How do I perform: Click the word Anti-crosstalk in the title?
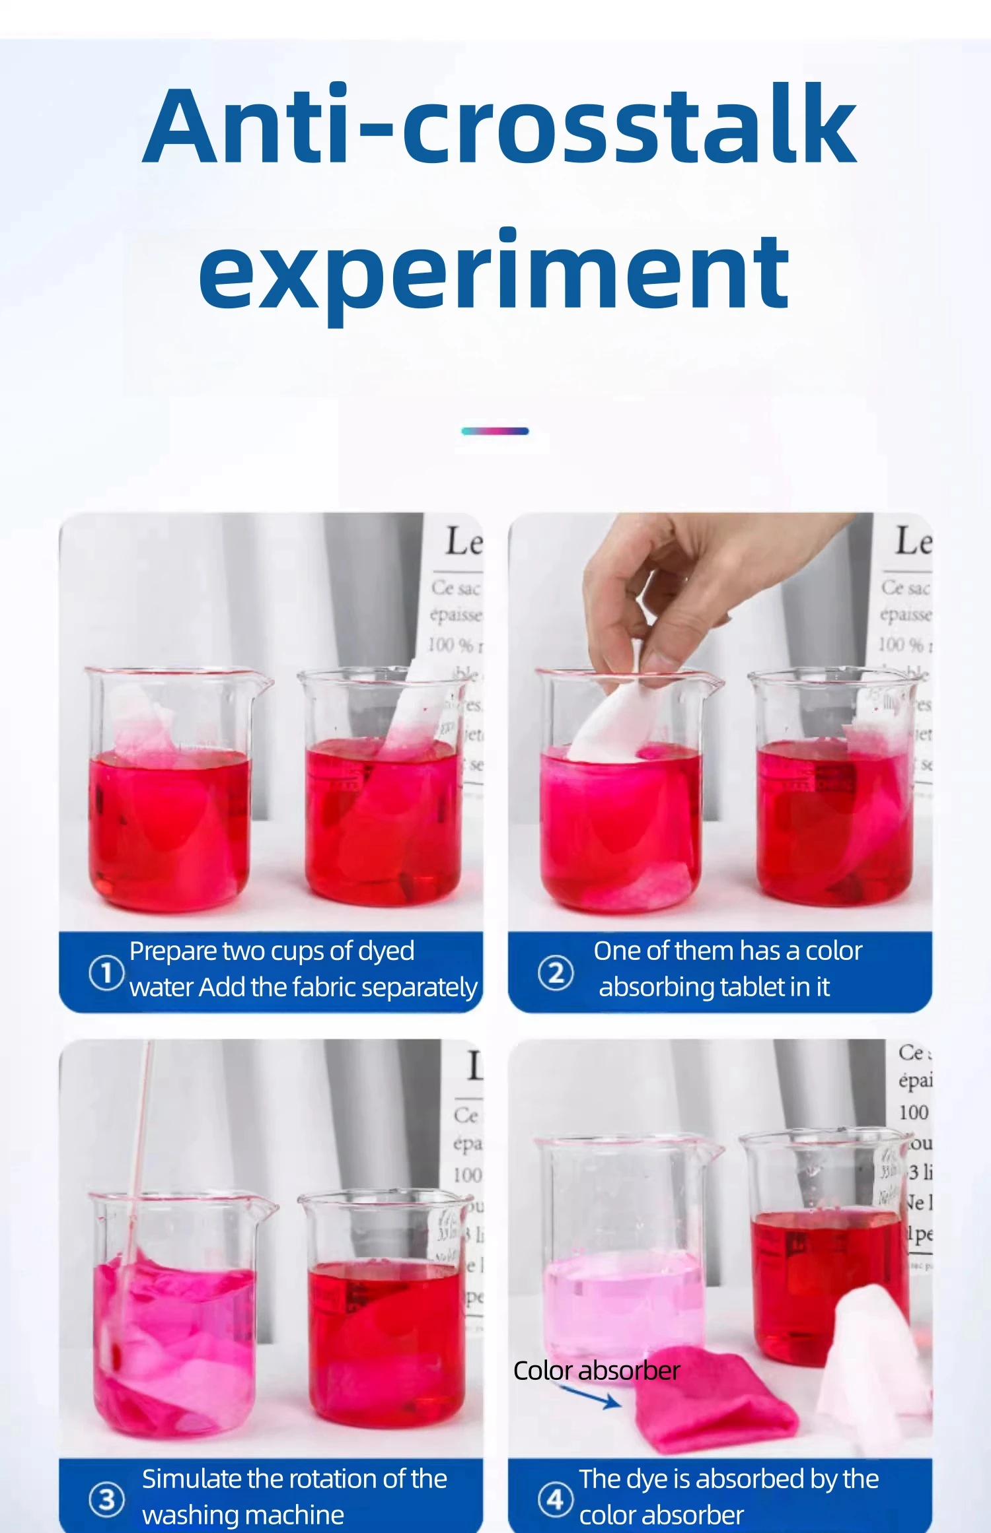[499, 125]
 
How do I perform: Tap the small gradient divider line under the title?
[495, 431]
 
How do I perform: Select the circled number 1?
[106, 972]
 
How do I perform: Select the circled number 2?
[556, 973]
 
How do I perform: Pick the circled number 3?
[106, 1499]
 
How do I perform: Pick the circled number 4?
[555, 1499]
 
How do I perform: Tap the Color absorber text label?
[597, 1371]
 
